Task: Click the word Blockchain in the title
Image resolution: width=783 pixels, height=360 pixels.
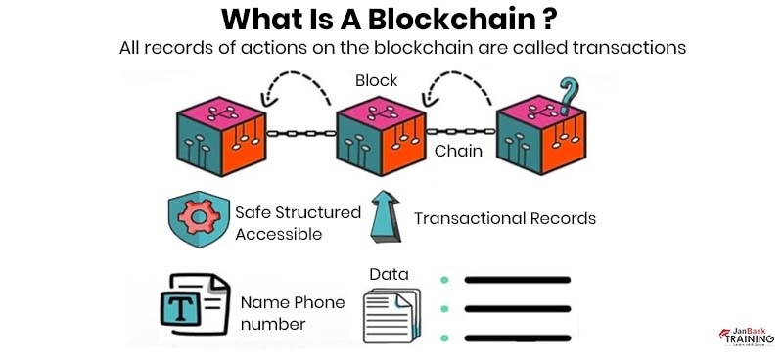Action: pos(459,19)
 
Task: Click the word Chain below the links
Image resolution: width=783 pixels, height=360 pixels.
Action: pos(458,152)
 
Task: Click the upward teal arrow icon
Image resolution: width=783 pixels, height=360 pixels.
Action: pos(385,217)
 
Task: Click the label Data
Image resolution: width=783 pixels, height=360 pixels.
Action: pos(389,274)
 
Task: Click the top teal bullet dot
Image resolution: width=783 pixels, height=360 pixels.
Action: pos(444,280)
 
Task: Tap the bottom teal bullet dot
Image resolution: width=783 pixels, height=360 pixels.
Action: pos(444,338)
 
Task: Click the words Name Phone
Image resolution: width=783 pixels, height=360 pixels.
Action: pos(292,302)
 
